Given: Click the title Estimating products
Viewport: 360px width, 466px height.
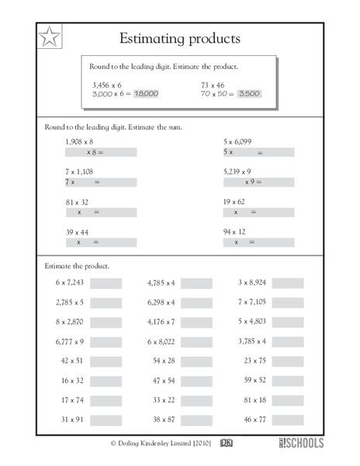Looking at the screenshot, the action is click(180, 38).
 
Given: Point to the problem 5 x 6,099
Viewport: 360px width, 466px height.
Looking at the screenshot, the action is click(237, 142).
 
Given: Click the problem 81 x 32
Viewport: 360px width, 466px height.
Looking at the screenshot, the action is click(77, 201).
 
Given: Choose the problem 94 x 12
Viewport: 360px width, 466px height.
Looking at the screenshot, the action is click(234, 231).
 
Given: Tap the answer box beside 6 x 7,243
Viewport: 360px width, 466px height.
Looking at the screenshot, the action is click(106, 283).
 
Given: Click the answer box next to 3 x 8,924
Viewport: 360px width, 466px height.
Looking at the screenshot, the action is click(288, 283).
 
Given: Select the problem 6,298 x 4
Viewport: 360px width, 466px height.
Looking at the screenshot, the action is click(161, 302).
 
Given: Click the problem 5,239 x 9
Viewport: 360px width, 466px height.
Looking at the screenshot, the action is click(237, 172).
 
